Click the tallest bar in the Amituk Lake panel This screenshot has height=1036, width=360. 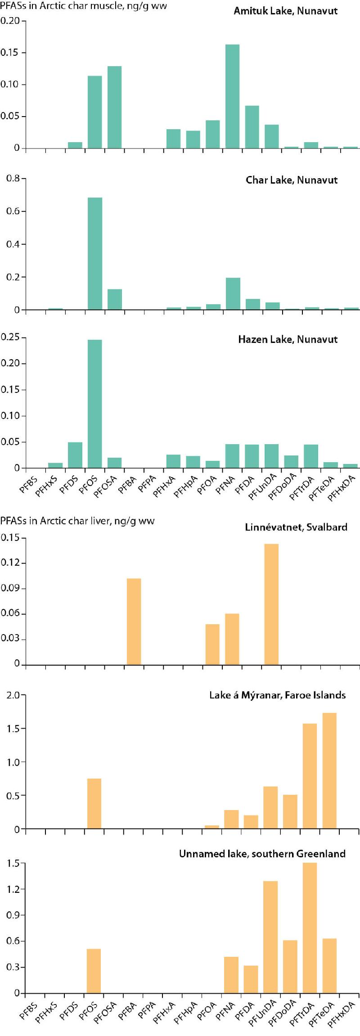point(232,96)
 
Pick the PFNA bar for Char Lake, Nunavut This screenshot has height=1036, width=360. point(233,293)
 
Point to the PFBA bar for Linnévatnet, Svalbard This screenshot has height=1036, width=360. point(134,621)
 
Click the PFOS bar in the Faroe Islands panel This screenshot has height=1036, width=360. point(94,803)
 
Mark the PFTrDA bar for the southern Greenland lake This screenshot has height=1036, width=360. point(310,928)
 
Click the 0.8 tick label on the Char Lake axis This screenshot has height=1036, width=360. point(13,179)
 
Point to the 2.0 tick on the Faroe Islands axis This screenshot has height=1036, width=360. point(13,695)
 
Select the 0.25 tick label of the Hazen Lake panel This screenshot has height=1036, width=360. point(10,337)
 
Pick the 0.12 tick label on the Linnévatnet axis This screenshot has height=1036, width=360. point(10,563)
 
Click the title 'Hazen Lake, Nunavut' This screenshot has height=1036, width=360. point(288,339)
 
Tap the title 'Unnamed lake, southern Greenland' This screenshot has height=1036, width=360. point(262,854)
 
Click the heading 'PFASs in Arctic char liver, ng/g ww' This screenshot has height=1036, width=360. point(77,521)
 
